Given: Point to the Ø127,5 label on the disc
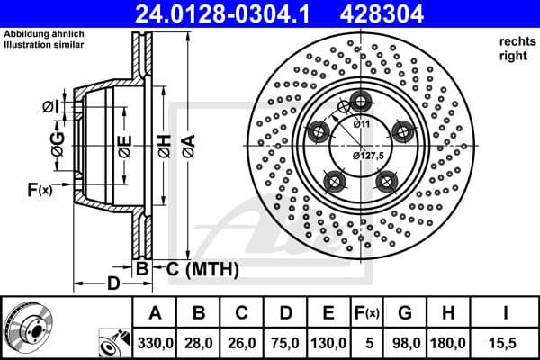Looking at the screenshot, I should point(369,156).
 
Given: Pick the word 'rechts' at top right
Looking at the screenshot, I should point(511,42).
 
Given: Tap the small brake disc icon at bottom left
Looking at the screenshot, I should point(27,326).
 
